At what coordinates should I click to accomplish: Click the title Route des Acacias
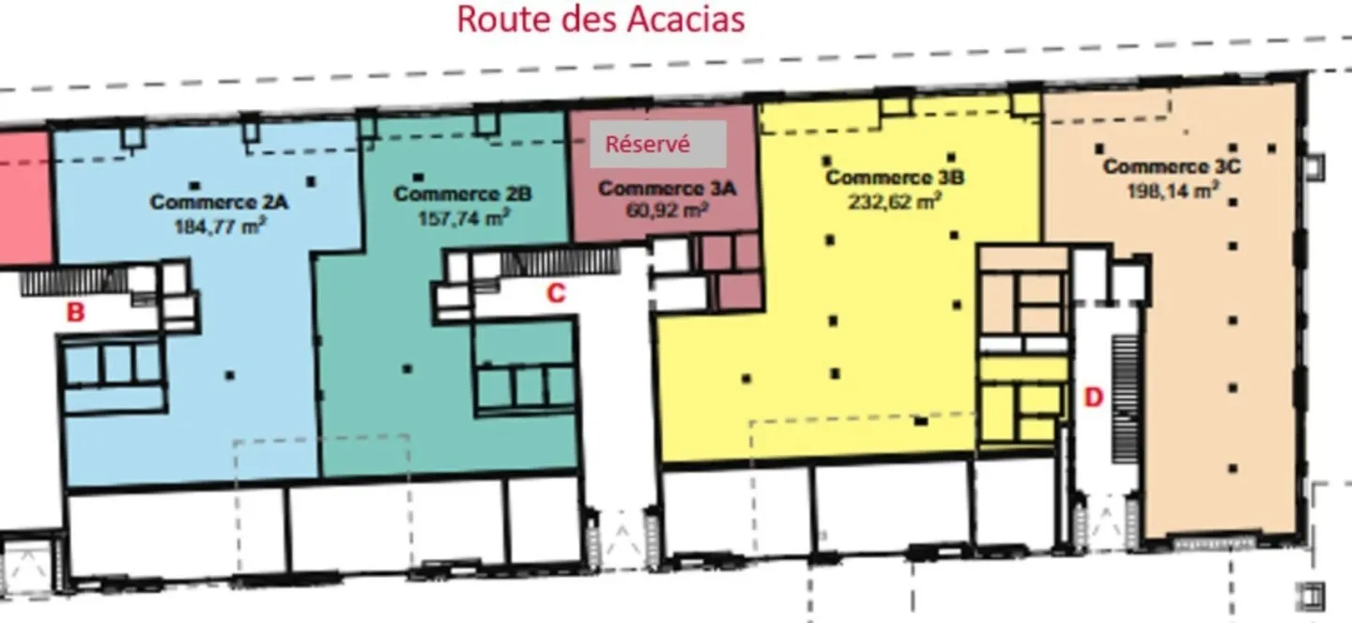[600, 19]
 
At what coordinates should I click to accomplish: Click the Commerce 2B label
[463, 194]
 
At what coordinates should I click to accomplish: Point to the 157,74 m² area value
[463, 218]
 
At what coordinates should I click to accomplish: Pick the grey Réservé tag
[658, 145]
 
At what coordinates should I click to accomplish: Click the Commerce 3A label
[667, 189]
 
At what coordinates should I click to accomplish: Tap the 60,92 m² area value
[667, 210]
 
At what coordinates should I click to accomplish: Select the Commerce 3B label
[894, 177]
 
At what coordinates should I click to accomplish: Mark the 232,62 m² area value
[894, 200]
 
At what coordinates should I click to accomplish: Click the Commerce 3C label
[1172, 166]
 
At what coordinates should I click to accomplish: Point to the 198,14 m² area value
[1172, 190]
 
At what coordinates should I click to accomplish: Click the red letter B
[75, 313]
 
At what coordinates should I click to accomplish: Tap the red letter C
[556, 294]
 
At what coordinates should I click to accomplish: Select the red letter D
[1093, 397]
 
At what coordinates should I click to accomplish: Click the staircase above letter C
[560, 261]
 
